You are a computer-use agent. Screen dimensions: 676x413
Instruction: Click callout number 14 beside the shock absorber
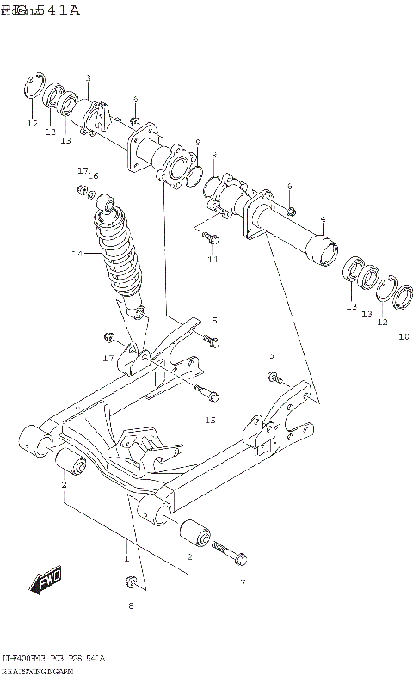coord(77,255)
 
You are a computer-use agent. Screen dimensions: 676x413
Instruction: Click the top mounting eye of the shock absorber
coord(108,203)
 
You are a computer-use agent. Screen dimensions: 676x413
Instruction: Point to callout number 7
coord(243,582)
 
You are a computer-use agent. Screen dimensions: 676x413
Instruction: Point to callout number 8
coord(132,606)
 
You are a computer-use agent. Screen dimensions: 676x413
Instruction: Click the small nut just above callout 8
coord(131,585)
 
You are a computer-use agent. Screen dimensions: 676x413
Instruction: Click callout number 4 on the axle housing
coord(323,218)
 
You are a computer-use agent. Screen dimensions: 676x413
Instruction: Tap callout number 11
coord(213,259)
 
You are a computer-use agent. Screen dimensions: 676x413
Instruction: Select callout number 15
coord(211,421)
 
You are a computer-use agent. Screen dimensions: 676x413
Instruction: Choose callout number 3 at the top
coord(88,78)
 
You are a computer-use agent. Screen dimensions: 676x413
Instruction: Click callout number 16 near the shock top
coord(93,175)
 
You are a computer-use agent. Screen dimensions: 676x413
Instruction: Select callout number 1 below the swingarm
coord(126,558)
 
